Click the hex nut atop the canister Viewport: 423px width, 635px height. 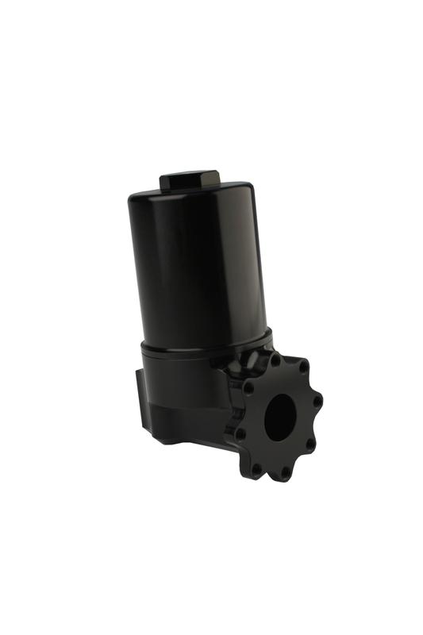click(x=190, y=180)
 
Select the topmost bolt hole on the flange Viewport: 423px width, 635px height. click(x=275, y=360)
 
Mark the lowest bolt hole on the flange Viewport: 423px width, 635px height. click(x=283, y=472)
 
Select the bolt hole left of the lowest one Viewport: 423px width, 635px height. click(x=256, y=468)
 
